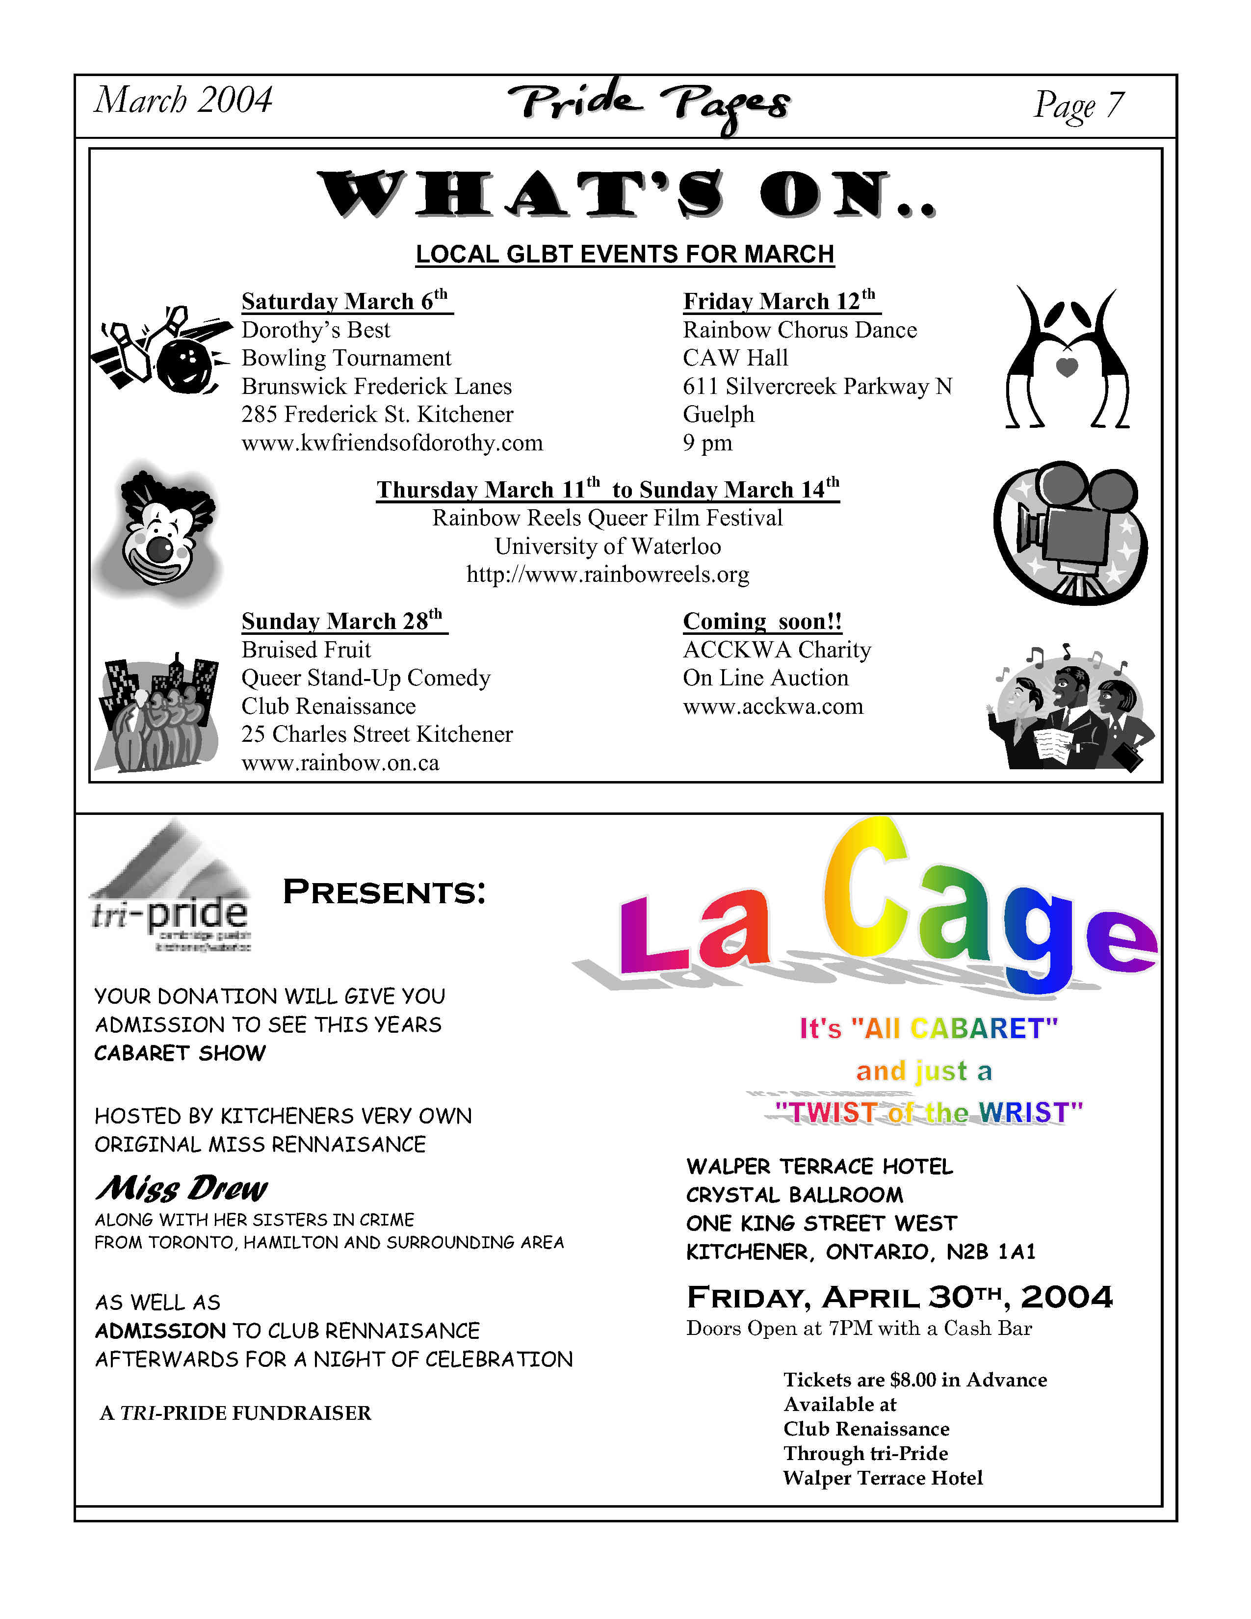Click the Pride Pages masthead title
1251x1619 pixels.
[649, 105]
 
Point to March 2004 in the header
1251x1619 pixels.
[183, 100]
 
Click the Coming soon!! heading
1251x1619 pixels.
[762, 621]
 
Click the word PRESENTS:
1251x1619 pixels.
[384, 892]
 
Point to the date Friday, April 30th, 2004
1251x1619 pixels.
[899, 1297]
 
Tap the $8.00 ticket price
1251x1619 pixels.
[913, 1380]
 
